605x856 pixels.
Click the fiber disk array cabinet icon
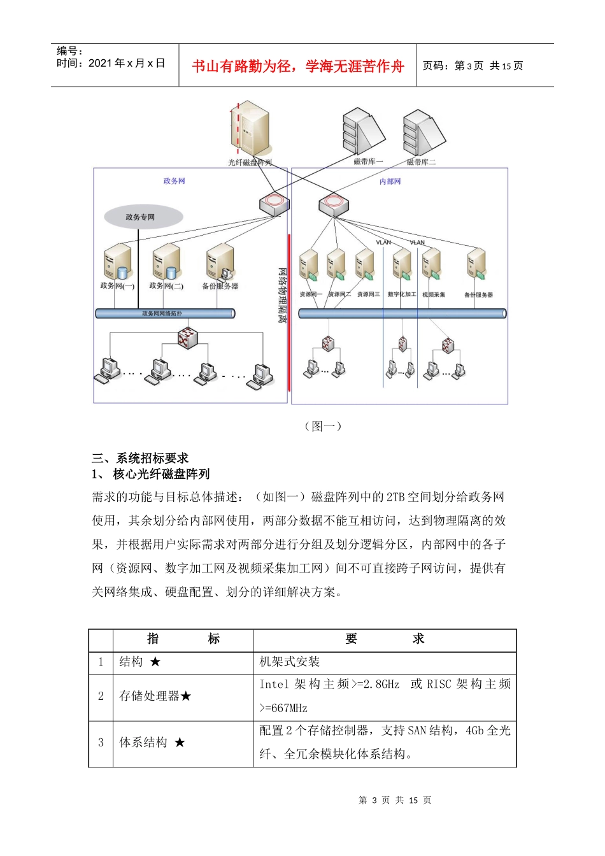tap(250, 129)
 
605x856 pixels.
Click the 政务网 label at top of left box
tap(174, 182)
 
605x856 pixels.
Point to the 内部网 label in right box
tap(390, 182)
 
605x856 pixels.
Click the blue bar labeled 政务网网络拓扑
tap(164, 313)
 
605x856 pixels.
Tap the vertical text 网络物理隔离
tap(281, 294)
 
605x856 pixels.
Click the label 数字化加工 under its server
tap(401, 295)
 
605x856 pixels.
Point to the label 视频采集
tap(433, 295)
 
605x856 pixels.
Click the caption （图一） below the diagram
tap(324, 426)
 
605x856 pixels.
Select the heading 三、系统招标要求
tap(140, 458)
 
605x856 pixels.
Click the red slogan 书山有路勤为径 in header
tap(298, 66)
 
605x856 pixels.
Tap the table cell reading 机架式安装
tap(290, 662)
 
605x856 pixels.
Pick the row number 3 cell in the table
tap(101, 743)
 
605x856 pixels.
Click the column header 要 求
tap(385, 639)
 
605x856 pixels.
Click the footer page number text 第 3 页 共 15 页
tap(395, 801)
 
